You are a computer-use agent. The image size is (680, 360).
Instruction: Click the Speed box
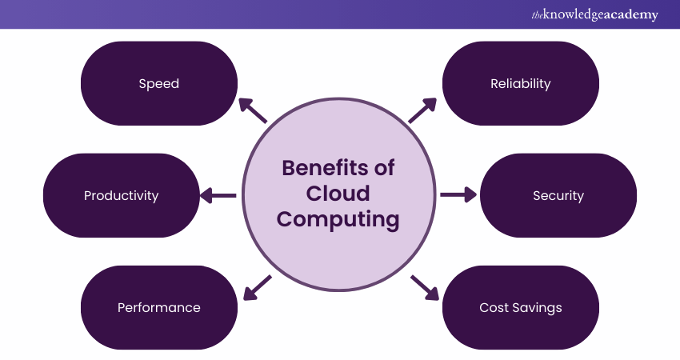pyautogui.click(x=159, y=83)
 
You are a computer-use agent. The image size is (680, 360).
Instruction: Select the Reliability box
pyautogui.click(x=520, y=83)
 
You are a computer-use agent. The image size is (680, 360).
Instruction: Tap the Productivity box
pyautogui.click(x=121, y=195)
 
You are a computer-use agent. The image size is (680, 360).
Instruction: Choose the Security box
pyautogui.click(x=558, y=195)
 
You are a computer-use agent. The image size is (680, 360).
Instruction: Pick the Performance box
pyautogui.click(x=159, y=307)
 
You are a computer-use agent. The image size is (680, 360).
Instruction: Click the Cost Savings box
pyautogui.click(x=520, y=307)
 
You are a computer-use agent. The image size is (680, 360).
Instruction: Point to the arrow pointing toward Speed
pyautogui.click(x=253, y=110)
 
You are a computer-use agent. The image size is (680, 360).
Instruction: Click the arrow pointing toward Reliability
pyautogui.click(x=423, y=110)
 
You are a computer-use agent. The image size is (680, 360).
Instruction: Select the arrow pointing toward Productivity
pyautogui.click(x=217, y=194)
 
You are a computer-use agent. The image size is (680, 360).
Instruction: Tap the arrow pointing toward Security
pyautogui.click(x=458, y=194)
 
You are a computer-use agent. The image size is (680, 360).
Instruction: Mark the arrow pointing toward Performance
pyautogui.click(x=257, y=287)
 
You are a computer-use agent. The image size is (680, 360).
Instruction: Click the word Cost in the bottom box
pyautogui.click(x=493, y=307)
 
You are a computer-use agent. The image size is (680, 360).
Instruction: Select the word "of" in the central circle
pyautogui.click(x=384, y=169)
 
